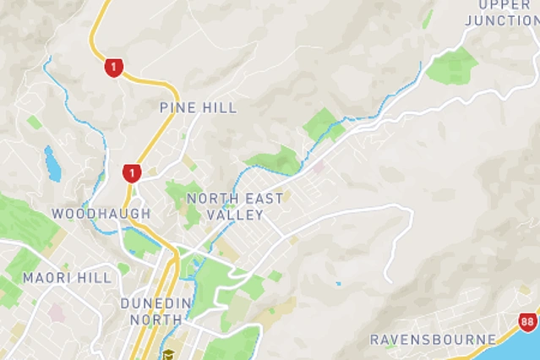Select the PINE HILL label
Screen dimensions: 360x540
[x=198, y=107]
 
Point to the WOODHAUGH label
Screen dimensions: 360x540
[x=101, y=214]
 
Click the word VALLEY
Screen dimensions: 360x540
[x=237, y=215]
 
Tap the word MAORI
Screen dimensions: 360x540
[x=45, y=277]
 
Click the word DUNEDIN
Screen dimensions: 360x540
[x=155, y=303]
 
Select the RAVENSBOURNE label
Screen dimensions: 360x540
[x=433, y=340]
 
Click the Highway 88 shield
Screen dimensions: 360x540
[x=528, y=322]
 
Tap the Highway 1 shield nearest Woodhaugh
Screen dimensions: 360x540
[x=130, y=173]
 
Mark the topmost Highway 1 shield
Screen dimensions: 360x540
[x=113, y=68]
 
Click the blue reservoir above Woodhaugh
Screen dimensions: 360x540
[x=52, y=164]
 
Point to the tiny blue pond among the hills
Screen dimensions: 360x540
[x=338, y=283]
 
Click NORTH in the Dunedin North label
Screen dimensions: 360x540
[x=155, y=319]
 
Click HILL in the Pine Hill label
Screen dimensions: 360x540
[x=221, y=107]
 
